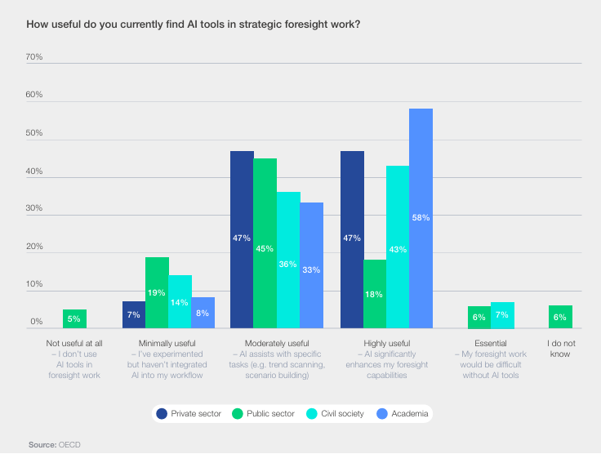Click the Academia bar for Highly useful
[421, 218]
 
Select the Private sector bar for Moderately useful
[242, 239]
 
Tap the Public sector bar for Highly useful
[376, 294]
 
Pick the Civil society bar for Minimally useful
[180, 301]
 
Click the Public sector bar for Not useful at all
[74, 318]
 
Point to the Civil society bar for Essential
[502, 315]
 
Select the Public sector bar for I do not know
[560, 317]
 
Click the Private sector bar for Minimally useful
[134, 314]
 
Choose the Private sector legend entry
[190, 414]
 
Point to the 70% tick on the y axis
[34, 58]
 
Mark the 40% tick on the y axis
[34, 171]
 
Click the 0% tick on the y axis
[37, 323]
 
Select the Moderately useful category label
[276, 344]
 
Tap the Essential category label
[491, 344]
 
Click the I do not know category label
[560, 349]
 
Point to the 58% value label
[421, 218]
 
